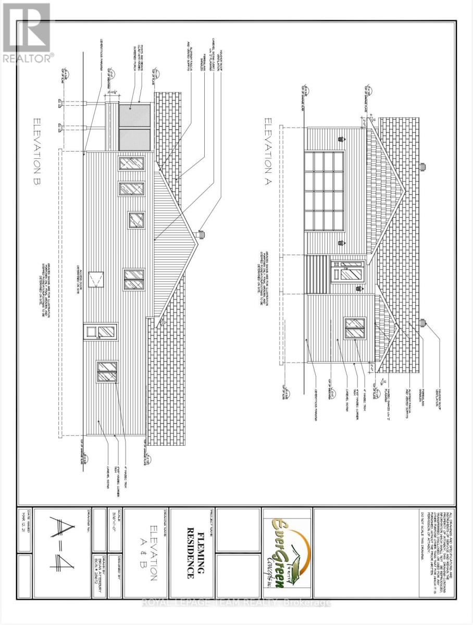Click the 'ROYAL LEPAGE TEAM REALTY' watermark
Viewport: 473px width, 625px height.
point(236,603)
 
